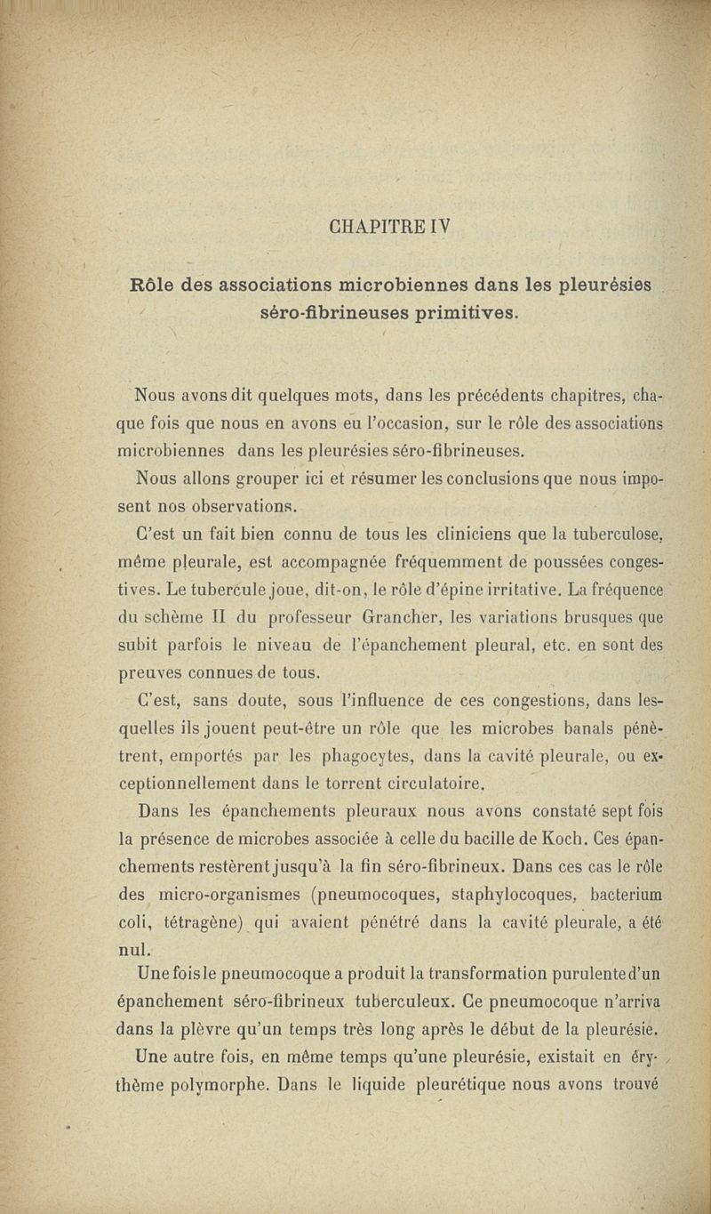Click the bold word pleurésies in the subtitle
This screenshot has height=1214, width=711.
coord(604,285)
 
